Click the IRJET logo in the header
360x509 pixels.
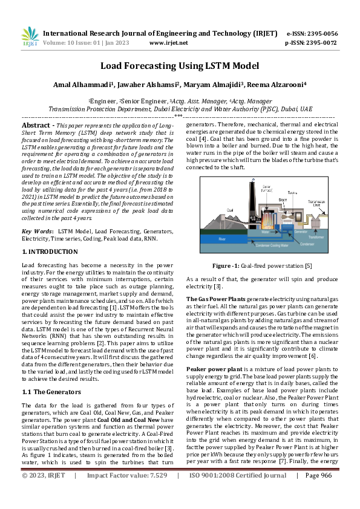[x=30, y=37]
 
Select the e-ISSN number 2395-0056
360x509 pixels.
[x=322, y=33]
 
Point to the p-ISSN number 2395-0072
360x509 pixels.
[x=322, y=43]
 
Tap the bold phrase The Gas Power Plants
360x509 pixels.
[x=215, y=299]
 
